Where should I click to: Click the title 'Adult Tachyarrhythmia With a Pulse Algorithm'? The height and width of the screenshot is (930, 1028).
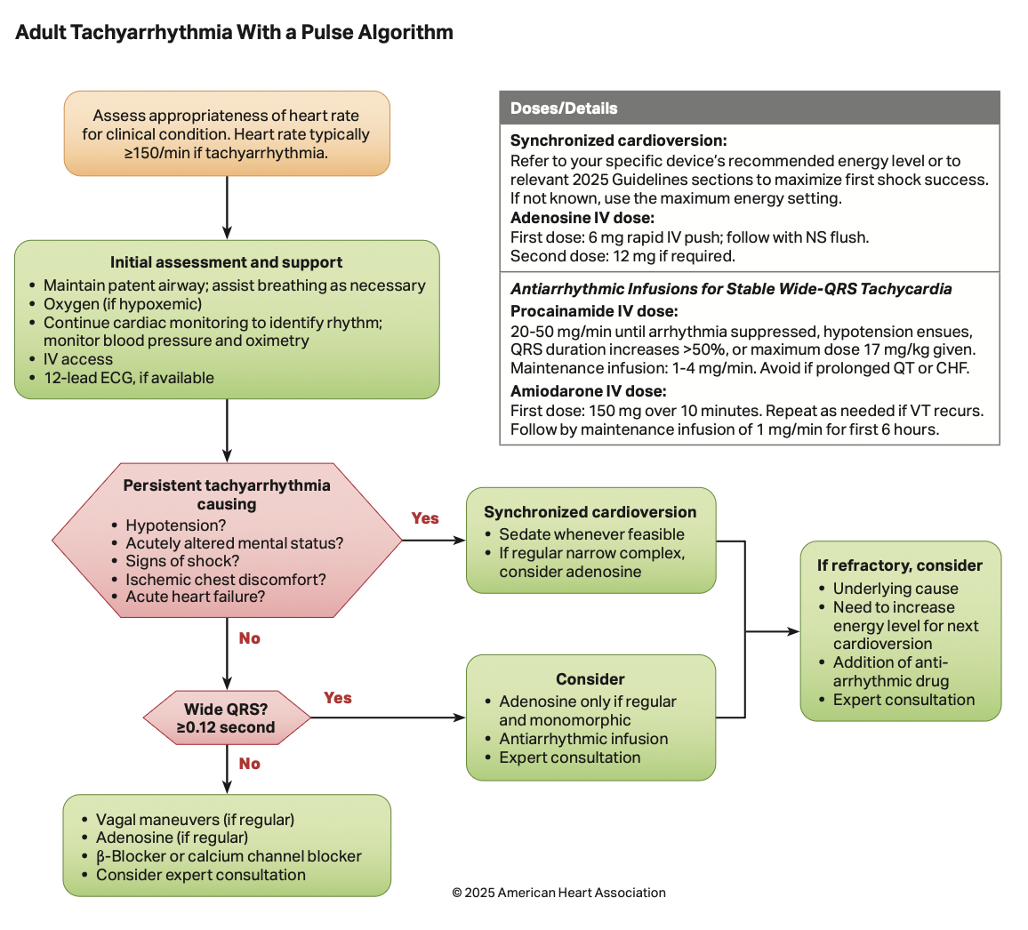235,33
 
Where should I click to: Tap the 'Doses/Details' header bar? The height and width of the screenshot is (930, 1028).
749,108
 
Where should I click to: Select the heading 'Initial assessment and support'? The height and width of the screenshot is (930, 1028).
226,262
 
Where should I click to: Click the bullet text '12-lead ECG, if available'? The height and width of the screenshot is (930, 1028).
129,378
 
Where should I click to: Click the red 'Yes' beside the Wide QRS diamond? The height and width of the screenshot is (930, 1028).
338,698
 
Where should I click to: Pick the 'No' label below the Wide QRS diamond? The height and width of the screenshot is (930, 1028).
250,764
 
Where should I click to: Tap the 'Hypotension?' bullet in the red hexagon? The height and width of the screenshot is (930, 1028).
176,525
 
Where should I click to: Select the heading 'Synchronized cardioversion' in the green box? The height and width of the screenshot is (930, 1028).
590,512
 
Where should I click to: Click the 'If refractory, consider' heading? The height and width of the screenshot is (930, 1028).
900,565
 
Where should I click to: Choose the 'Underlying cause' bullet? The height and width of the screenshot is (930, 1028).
895,589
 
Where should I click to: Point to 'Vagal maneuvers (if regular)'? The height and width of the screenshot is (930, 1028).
195,820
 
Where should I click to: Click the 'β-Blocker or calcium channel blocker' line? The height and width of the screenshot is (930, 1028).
229,856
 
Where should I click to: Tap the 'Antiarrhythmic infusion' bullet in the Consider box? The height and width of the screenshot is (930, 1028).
583,739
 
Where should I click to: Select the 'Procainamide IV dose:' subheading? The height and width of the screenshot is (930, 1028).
594,311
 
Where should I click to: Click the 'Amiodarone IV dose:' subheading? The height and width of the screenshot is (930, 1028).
589,391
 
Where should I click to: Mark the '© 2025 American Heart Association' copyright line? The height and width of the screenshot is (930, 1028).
558,893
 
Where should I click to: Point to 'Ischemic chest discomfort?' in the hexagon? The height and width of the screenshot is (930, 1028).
226,580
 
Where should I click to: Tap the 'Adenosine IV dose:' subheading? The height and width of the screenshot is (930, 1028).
582,218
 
